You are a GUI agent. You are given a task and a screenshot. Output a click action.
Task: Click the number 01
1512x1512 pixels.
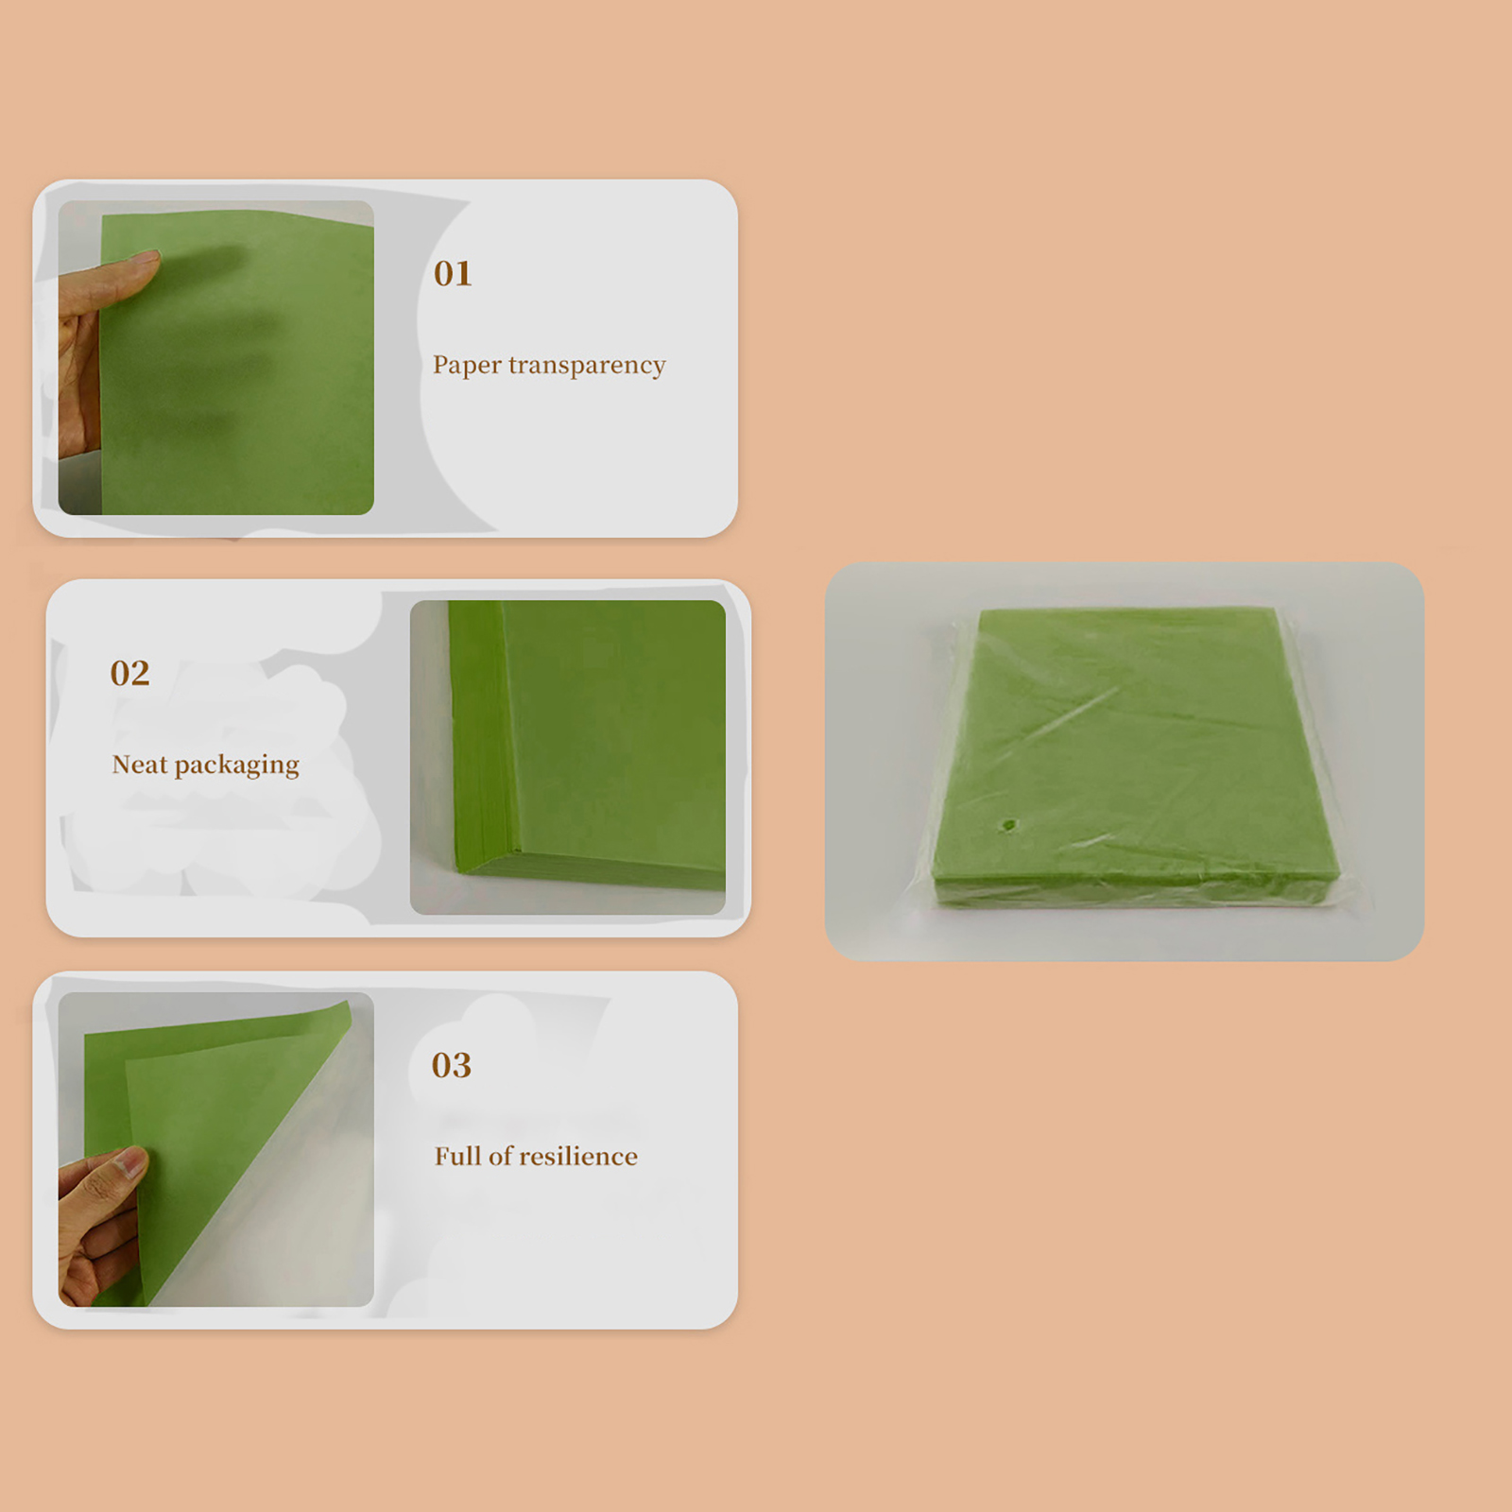[453, 273]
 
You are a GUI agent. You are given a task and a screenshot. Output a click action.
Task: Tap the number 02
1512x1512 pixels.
[129, 673]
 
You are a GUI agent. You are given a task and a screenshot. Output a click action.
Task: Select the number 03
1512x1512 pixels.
[451, 1065]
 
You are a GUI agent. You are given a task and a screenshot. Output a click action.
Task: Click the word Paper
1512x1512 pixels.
[467, 366]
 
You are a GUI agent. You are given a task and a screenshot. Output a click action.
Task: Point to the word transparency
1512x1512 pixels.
[587, 366]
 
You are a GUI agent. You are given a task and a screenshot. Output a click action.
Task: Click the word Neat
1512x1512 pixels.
[139, 764]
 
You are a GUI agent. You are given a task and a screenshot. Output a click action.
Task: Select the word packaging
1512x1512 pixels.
[237, 765]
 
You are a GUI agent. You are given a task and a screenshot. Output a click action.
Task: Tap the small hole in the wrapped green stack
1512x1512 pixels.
[1009, 826]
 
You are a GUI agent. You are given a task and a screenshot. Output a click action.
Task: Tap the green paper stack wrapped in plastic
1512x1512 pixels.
[1134, 761]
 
